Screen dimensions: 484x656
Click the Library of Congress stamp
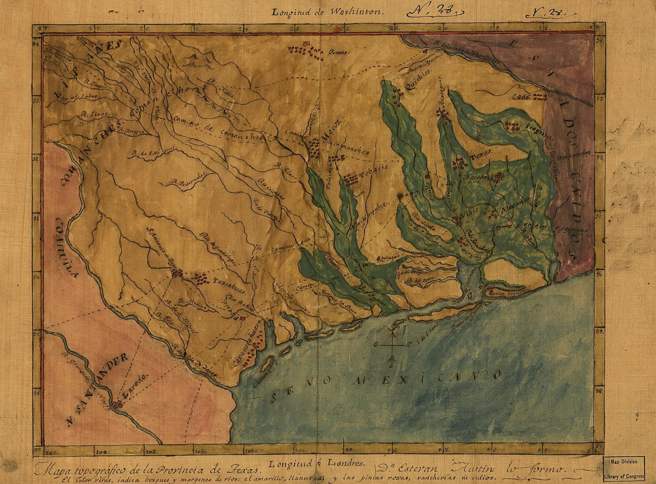click(624, 469)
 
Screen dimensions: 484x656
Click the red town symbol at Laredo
click(117, 404)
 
